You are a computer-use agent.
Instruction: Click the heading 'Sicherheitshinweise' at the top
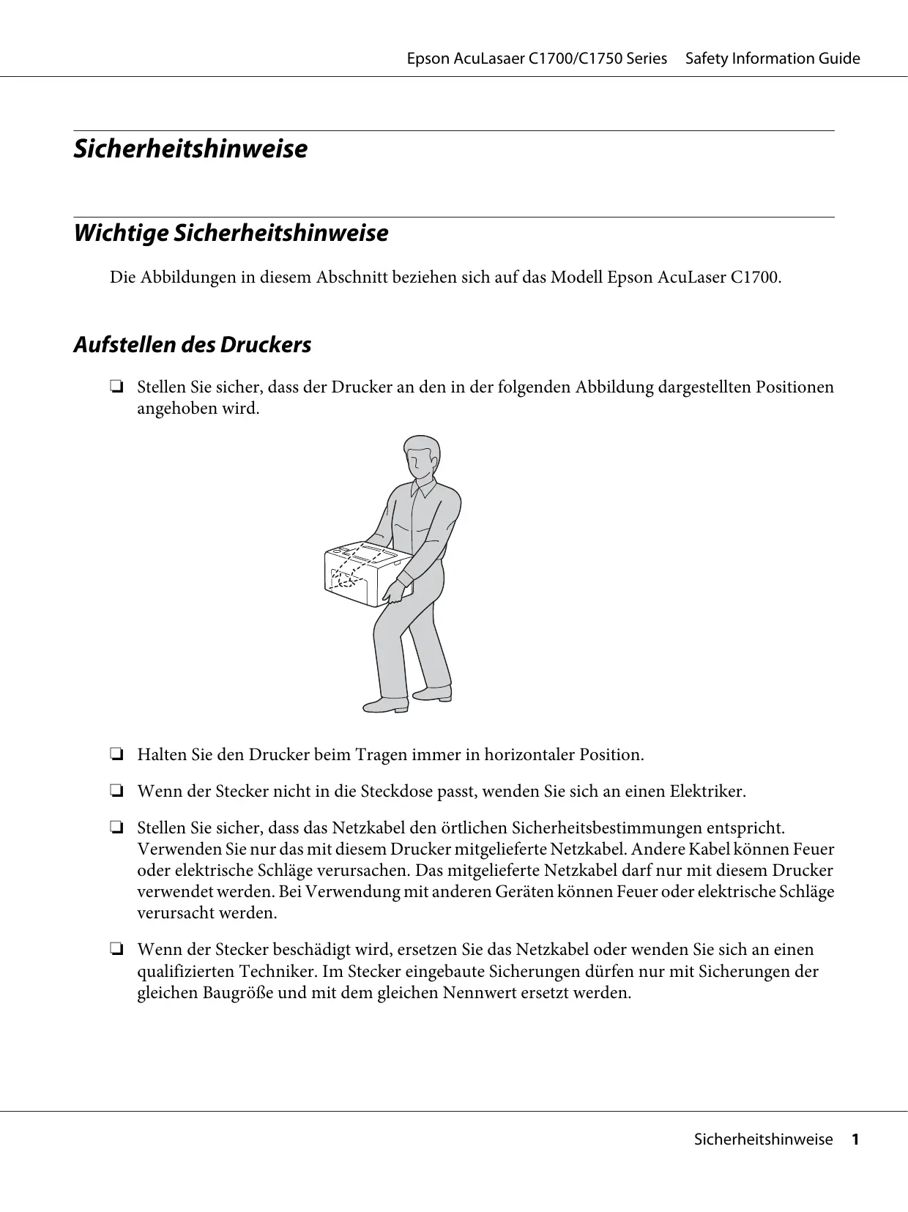point(190,149)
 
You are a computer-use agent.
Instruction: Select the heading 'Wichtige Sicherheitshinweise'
point(231,234)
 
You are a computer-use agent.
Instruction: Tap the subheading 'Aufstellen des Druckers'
point(192,345)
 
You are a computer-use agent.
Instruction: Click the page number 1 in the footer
point(854,1160)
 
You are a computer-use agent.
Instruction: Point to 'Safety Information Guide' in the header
point(773,59)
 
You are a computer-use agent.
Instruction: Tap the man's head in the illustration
point(421,457)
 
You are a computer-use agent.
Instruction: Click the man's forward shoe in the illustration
point(386,704)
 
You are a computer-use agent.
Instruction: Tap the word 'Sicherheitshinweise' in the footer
point(763,1160)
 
